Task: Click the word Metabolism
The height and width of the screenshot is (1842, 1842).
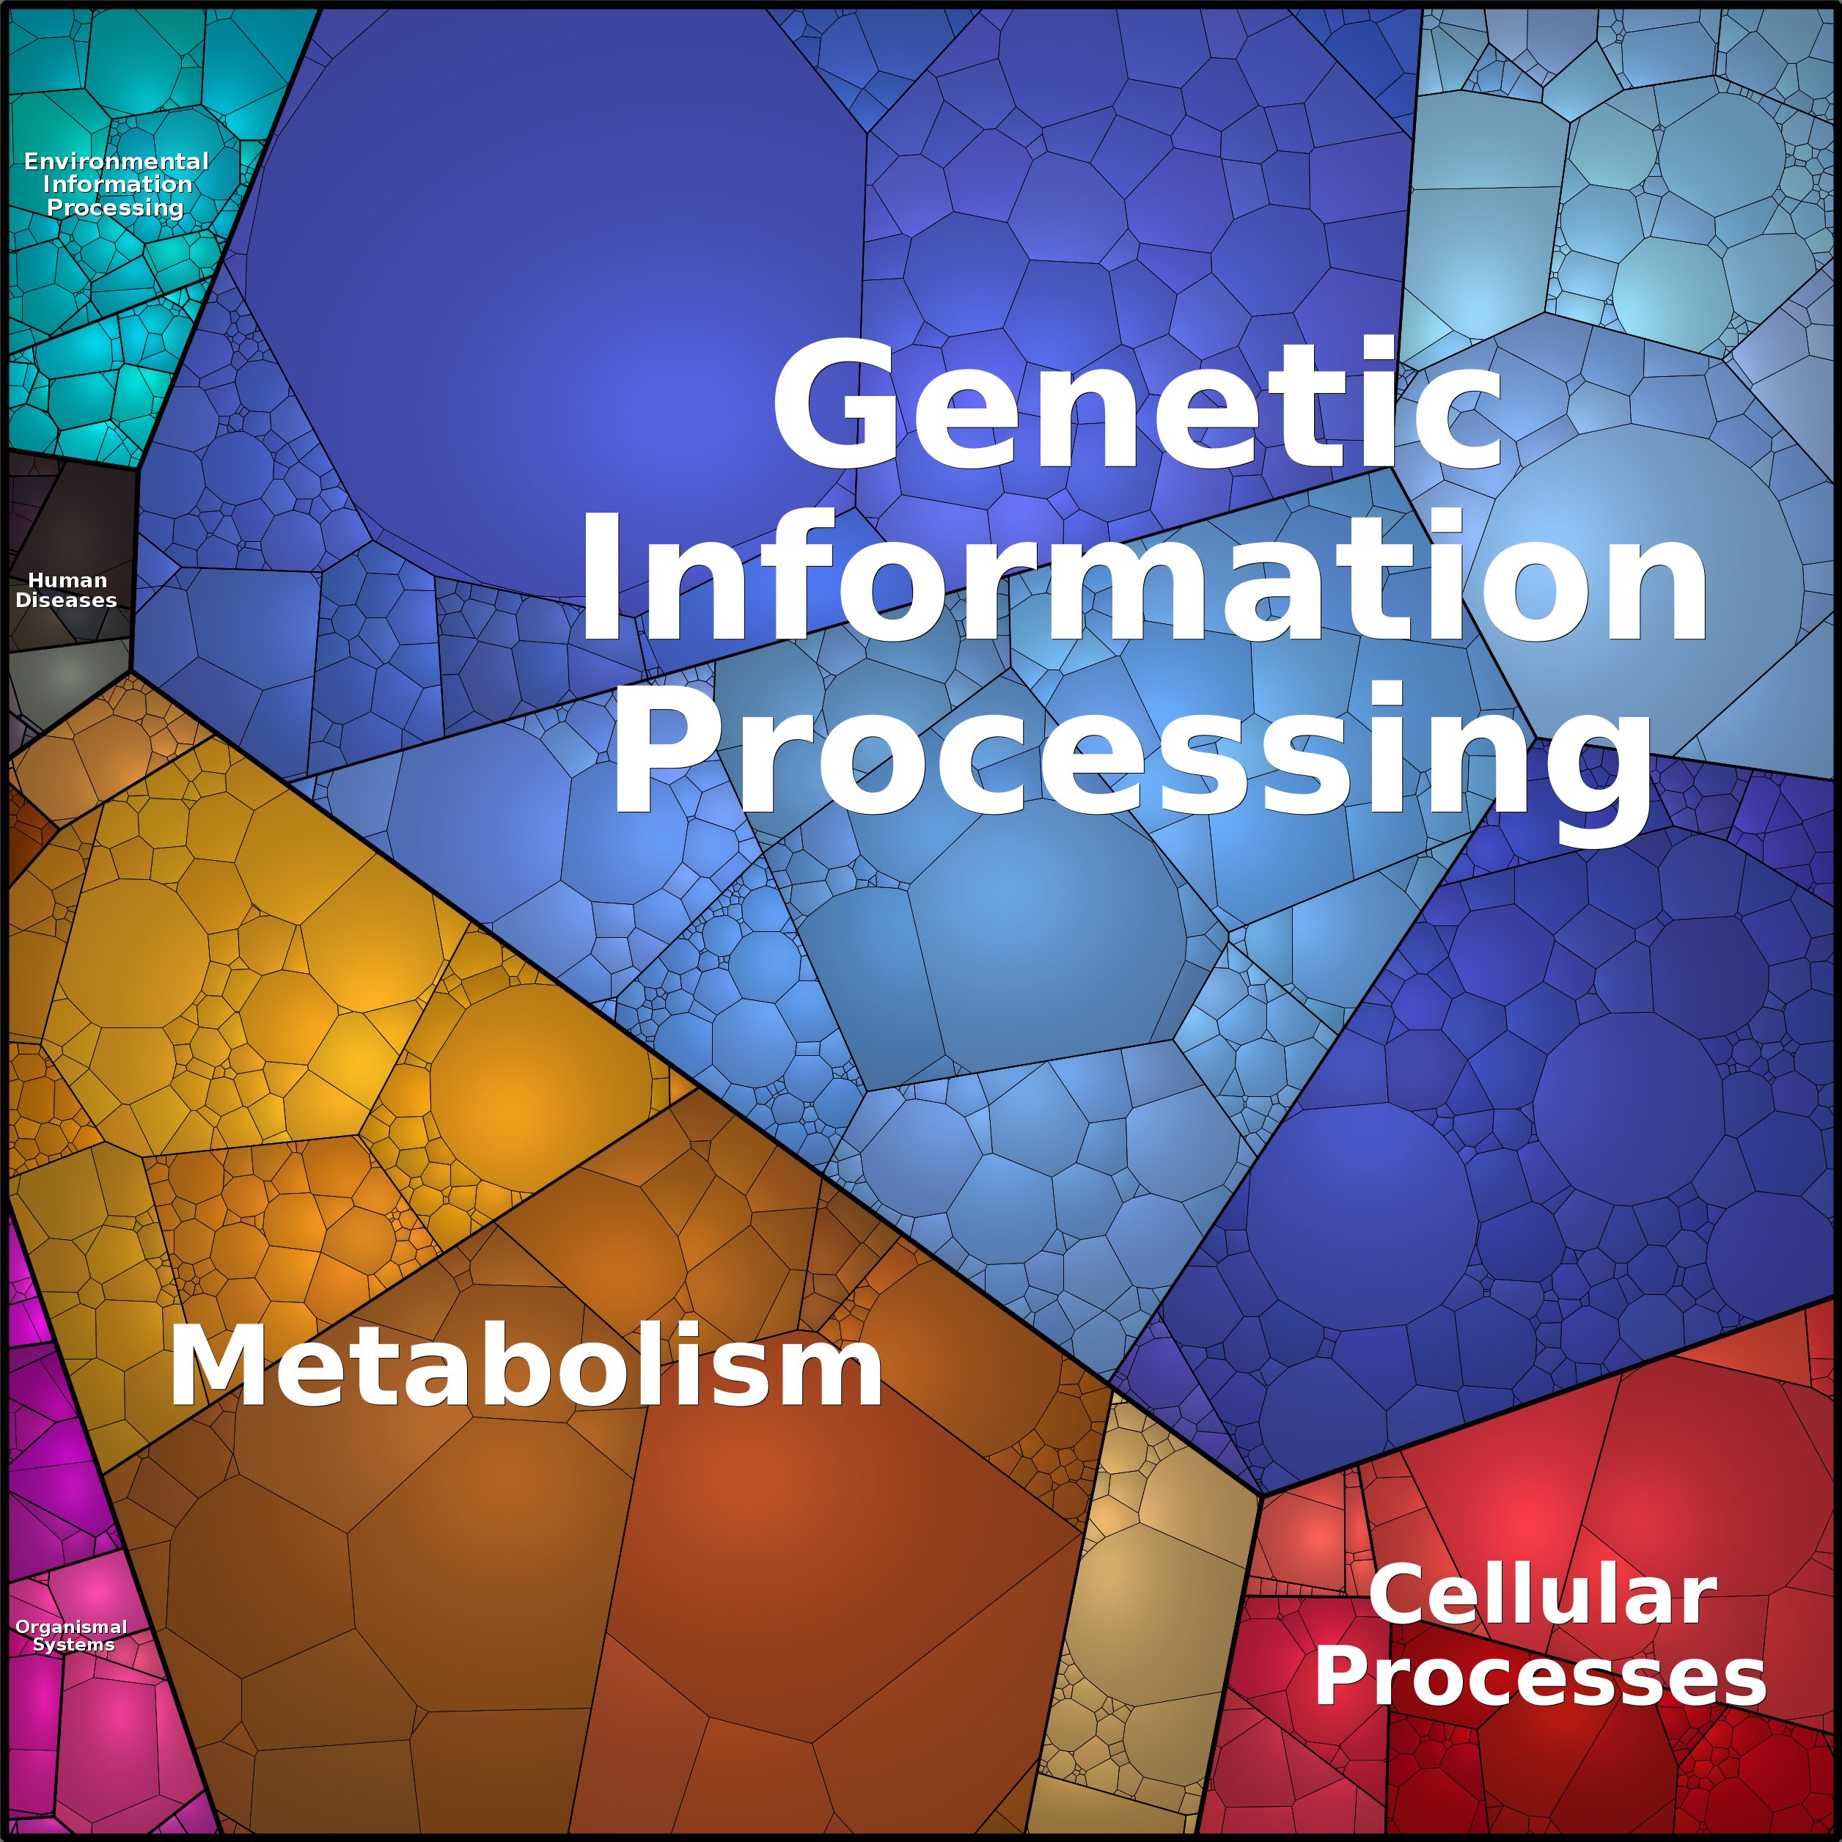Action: coord(525,1366)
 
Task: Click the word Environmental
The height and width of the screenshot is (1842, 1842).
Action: coord(117,161)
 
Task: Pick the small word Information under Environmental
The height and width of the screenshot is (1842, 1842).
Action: coord(117,184)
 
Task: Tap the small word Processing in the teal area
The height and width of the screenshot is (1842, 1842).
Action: coord(115,208)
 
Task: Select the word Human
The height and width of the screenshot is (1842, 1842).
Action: coord(67,580)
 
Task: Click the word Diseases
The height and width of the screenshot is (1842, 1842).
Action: coord(66,600)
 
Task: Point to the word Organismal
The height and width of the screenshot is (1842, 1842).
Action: coord(72,1626)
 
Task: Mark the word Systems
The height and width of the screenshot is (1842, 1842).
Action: coord(73,1645)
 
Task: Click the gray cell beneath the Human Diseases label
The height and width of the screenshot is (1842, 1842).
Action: coord(67,683)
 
